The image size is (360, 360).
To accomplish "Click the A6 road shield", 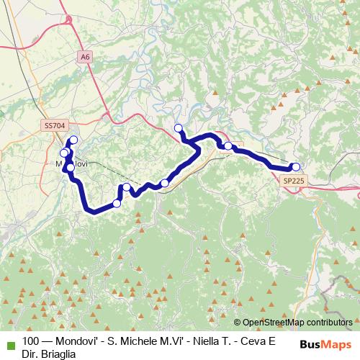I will [86, 55].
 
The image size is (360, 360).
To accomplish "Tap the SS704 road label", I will [53, 125].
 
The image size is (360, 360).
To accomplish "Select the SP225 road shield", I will [294, 181].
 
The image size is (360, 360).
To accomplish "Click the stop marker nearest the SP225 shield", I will [295, 167].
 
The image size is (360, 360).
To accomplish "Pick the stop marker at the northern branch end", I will [179, 129].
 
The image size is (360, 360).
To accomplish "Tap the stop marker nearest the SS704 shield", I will [73, 140].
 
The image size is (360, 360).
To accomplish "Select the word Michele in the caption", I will [131, 342].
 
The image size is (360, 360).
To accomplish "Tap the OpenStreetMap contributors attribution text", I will [297, 323].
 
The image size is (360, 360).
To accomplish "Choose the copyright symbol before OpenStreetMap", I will [237, 323].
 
